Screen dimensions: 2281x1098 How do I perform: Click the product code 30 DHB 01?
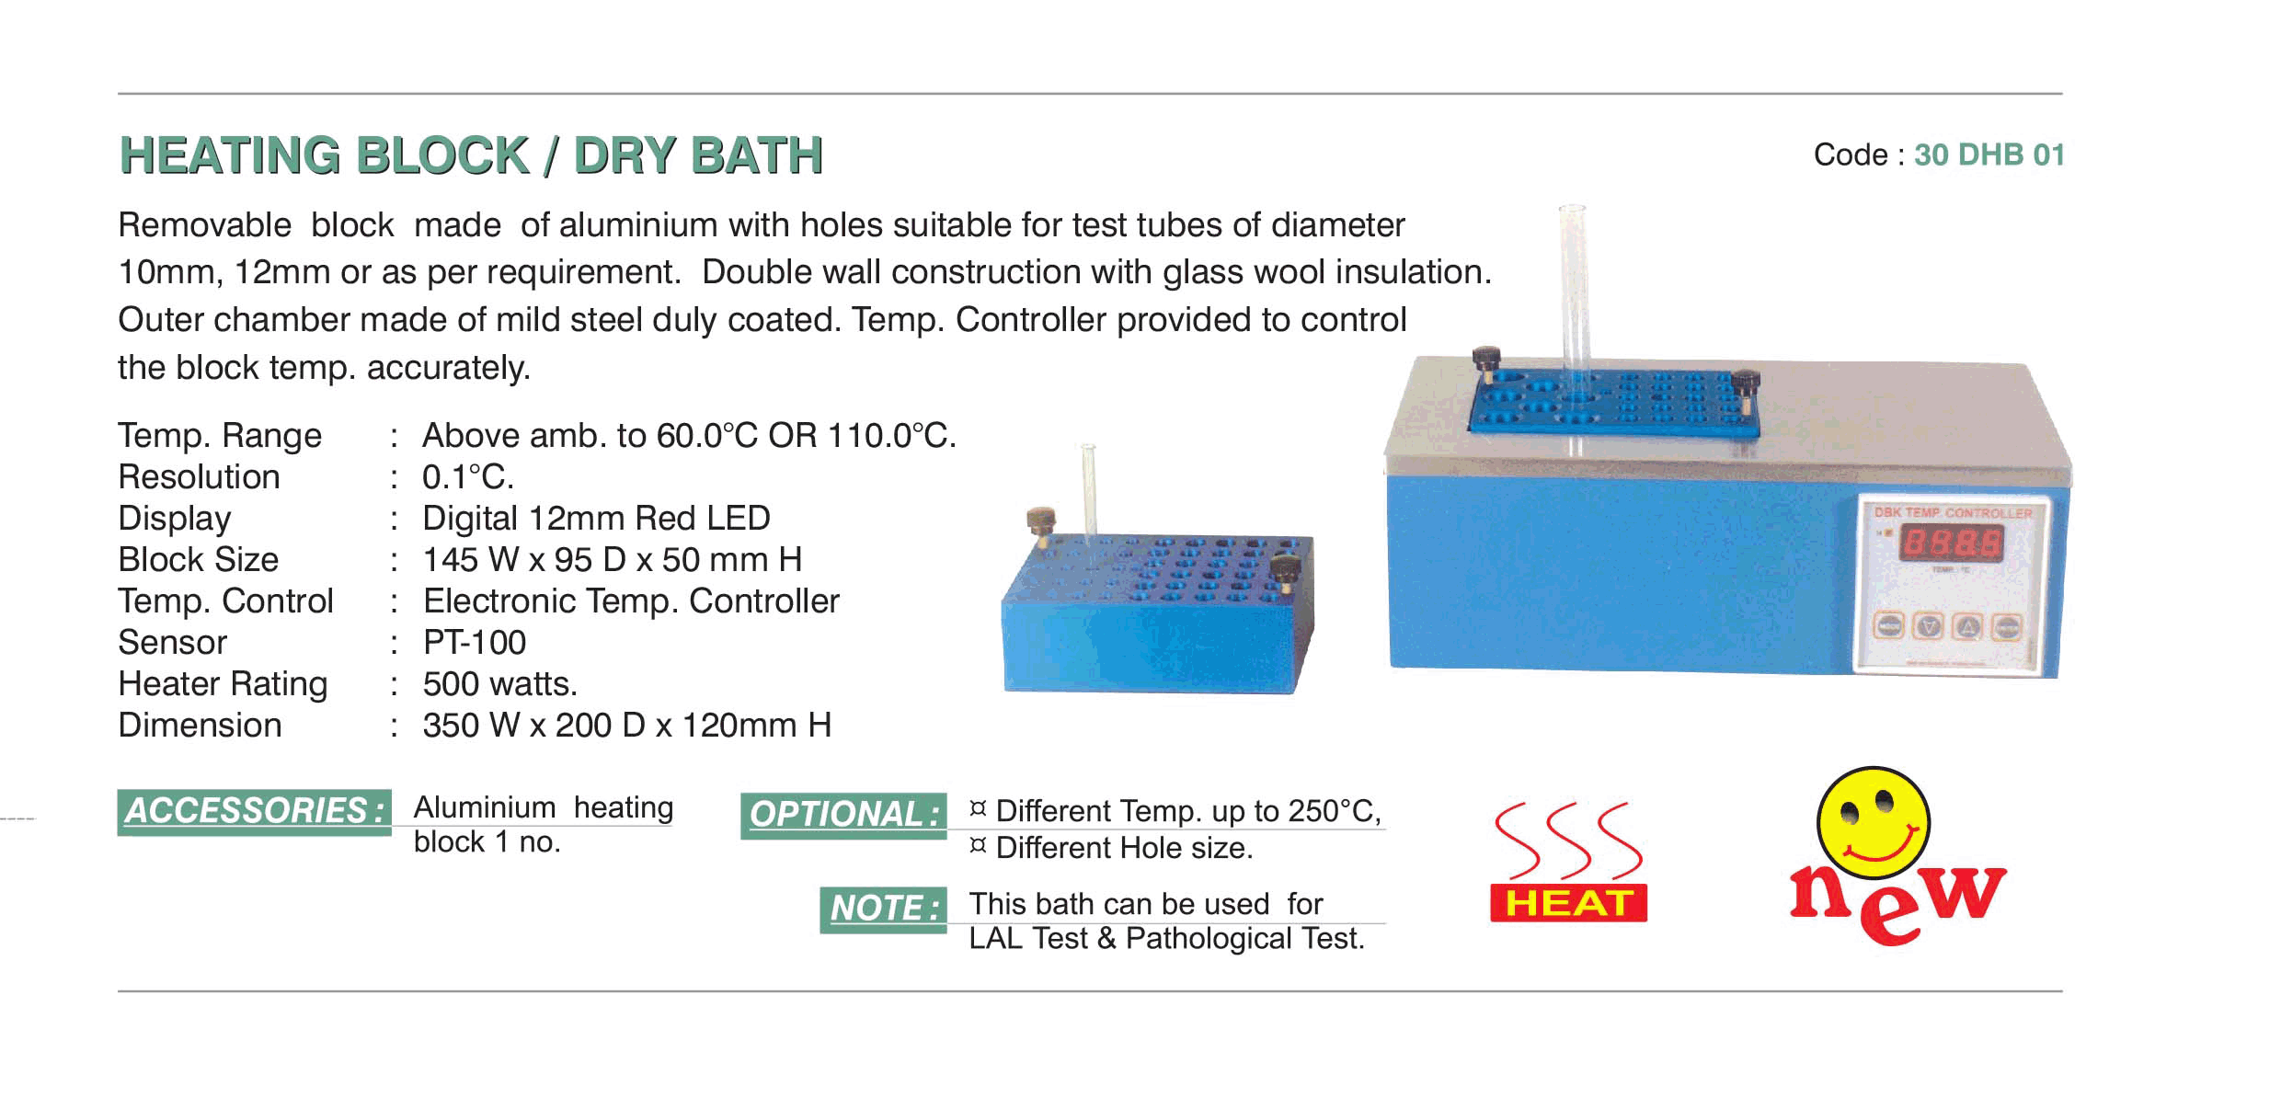click(x=1989, y=154)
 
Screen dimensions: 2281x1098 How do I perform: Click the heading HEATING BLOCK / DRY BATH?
click(x=471, y=155)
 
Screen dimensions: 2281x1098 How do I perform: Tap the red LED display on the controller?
click(x=1952, y=543)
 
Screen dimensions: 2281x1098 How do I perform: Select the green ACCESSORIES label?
click(x=255, y=812)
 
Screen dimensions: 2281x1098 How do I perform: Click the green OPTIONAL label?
click(x=843, y=815)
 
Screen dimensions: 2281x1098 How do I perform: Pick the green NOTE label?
click(x=883, y=909)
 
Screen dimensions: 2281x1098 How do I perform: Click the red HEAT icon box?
click(x=1569, y=902)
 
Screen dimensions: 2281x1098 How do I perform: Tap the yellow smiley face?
click(x=1873, y=822)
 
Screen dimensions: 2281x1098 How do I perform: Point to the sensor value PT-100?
click(x=475, y=642)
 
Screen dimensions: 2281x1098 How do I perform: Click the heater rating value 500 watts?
click(x=500, y=683)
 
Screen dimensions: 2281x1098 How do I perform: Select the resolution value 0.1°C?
click(x=468, y=476)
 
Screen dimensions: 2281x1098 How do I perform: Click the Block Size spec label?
click(x=199, y=559)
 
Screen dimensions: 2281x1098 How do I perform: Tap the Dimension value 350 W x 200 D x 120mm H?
click(x=627, y=725)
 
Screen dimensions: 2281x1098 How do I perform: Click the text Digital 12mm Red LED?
click(x=596, y=518)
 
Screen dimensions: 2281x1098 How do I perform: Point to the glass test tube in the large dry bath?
click(x=1573, y=313)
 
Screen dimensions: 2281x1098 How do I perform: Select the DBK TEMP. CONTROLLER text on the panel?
click(x=1953, y=512)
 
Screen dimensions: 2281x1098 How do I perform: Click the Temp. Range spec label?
click(x=220, y=436)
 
